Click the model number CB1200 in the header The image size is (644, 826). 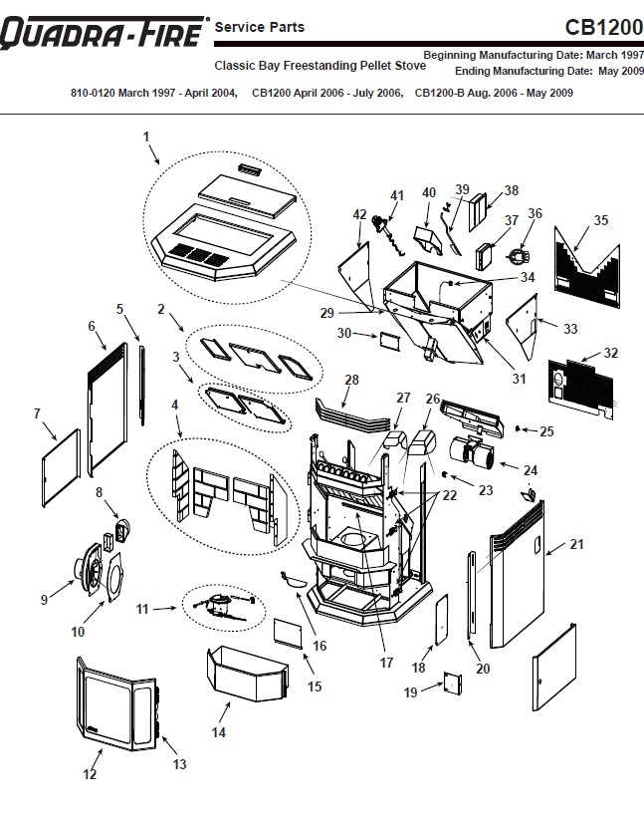[x=603, y=27]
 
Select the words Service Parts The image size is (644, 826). [x=260, y=27]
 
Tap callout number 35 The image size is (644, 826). [x=600, y=220]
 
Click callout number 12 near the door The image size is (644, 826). [x=90, y=774]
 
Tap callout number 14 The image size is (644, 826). [x=219, y=732]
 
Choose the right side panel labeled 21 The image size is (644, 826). [x=518, y=578]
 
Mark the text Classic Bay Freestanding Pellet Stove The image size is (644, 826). [x=321, y=66]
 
